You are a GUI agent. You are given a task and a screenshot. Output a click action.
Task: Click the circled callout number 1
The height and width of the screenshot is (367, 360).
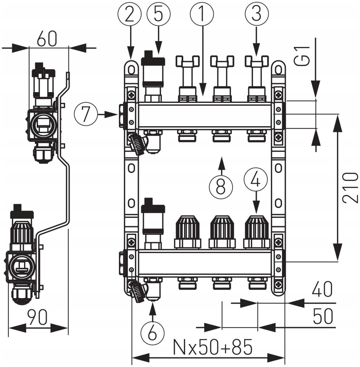tap(202, 14)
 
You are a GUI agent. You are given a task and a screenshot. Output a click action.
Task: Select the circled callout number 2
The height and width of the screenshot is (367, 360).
tap(130, 14)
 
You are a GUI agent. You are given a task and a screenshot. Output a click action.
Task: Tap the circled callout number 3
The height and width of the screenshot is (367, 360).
tap(256, 14)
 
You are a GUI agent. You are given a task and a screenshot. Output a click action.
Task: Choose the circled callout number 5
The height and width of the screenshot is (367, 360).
tap(158, 14)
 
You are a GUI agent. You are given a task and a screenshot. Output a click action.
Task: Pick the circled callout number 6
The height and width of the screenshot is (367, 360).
tap(153, 332)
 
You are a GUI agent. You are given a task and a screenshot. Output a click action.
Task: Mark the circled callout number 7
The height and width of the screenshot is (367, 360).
tap(86, 114)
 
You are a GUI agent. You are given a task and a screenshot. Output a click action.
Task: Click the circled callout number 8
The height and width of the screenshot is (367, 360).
tap(221, 187)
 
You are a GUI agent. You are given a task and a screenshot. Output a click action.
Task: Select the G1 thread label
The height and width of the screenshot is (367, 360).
tap(302, 56)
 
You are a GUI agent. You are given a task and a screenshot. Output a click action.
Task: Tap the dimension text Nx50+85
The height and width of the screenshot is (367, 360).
tap(213, 347)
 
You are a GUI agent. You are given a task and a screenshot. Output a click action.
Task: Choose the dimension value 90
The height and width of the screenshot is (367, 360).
tap(37, 317)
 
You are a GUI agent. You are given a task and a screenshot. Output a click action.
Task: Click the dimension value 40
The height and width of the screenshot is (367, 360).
tap(322, 289)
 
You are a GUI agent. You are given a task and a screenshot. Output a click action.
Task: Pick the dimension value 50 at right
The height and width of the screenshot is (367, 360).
tap(323, 316)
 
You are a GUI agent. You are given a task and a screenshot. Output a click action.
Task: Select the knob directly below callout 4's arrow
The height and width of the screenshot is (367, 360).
tap(257, 232)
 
